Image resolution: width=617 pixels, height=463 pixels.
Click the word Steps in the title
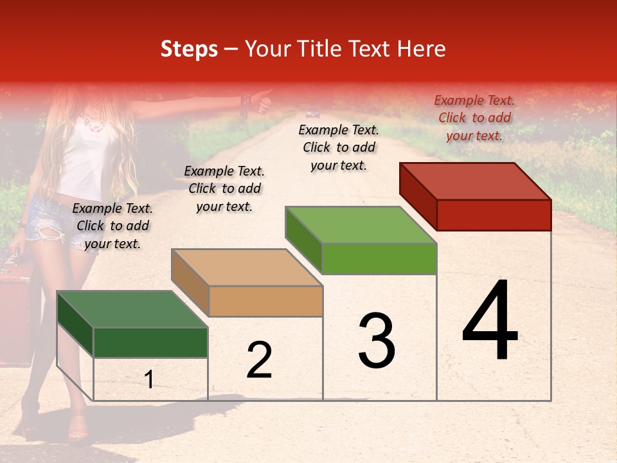(189, 49)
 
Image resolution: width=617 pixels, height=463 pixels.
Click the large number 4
(490, 322)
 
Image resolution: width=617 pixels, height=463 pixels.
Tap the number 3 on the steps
(377, 341)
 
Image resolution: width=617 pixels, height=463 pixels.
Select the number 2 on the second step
(259, 360)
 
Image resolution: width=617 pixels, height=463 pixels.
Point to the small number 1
(149, 380)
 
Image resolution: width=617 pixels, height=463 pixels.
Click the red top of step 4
(476, 181)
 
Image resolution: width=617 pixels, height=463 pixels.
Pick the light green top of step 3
(360, 226)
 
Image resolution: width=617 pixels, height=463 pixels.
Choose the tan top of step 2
(247, 268)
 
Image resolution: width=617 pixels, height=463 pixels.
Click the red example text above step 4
(474, 118)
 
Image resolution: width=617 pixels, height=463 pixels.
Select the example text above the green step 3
(339, 147)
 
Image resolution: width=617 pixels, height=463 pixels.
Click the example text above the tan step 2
(224, 188)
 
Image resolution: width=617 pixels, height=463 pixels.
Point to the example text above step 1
(112, 226)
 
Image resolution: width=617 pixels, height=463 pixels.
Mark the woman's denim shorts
(48, 219)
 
